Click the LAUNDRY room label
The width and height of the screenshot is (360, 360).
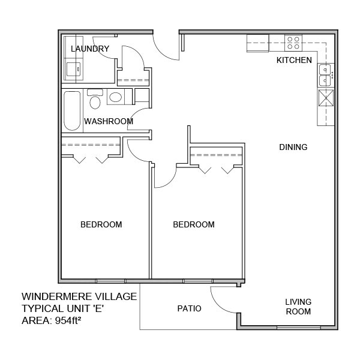click(x=90, y=49)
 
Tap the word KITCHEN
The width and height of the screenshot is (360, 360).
click(x=293, y=60)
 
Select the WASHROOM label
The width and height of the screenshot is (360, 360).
click(x=108, y=121)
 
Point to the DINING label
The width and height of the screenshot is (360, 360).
click(x=293, y=147)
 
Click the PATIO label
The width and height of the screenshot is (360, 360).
click(x=189, y=308)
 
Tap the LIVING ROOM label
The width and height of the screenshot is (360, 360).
click(x=298, y=307)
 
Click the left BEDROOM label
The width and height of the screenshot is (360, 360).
click(x=101, y=225)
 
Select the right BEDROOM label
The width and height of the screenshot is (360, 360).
click(x=194, y=225)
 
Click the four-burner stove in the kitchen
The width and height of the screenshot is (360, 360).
click(x=293, y=43)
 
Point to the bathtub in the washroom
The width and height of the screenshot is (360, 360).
click(x=71, y=110)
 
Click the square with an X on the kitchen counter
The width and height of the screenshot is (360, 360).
click(x=326, y=97)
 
